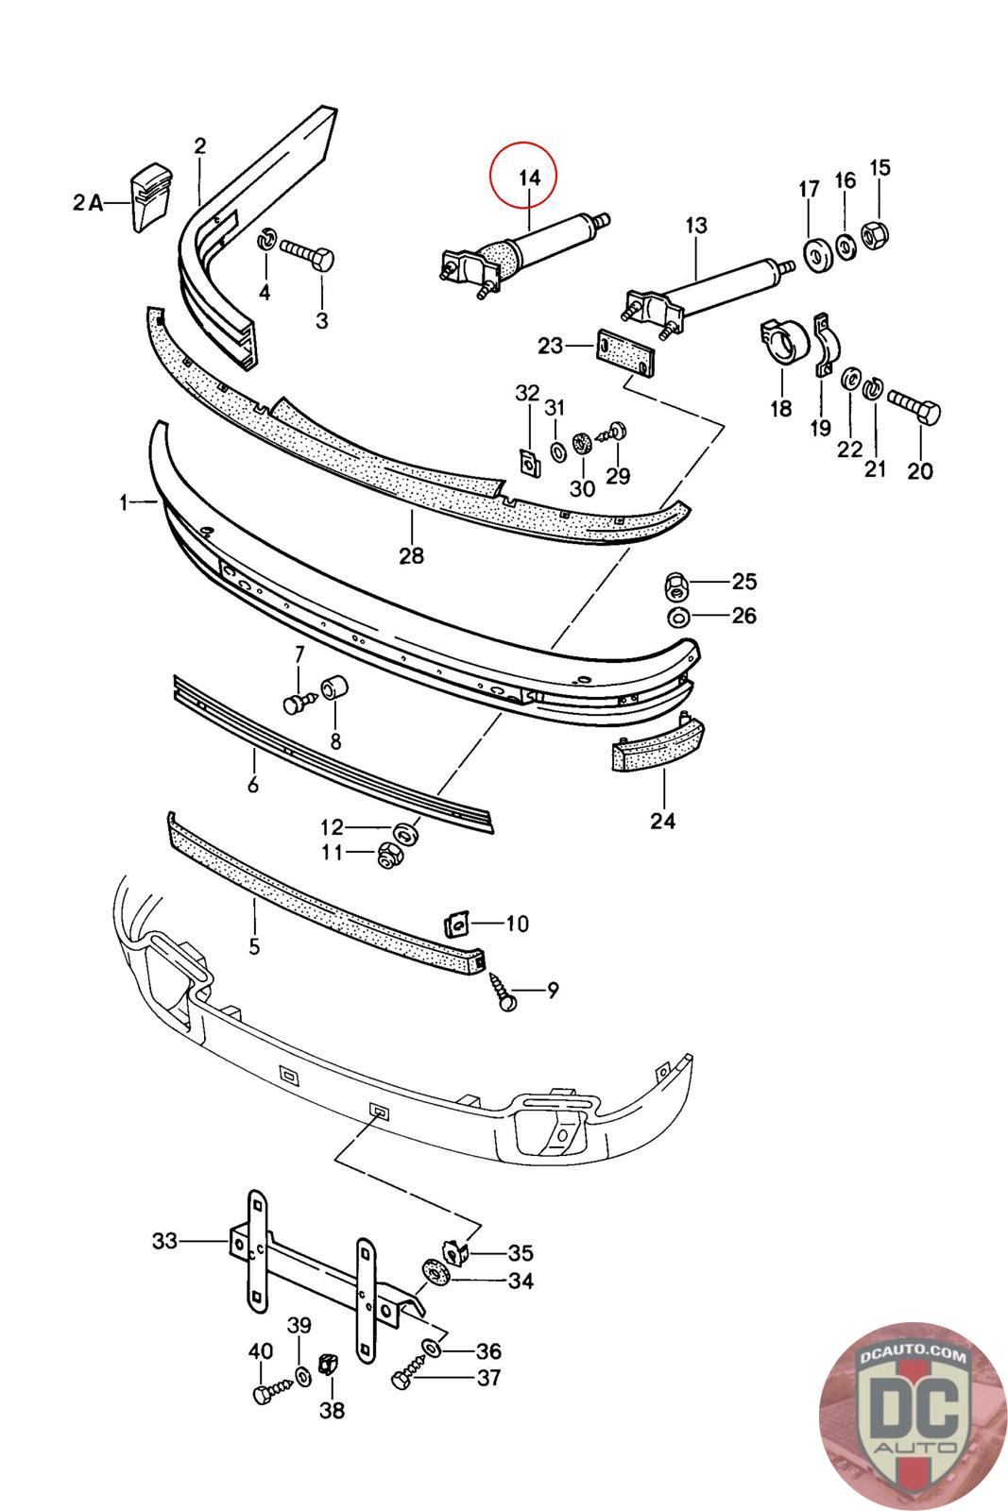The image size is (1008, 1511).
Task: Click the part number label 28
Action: coord(412,556)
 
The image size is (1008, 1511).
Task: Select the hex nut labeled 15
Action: coord(875,233)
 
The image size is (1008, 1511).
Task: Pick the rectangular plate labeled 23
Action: coord(624,353)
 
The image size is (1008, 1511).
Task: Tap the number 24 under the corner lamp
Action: coord(662,821)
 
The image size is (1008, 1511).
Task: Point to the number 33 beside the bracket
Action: coord(164,1241)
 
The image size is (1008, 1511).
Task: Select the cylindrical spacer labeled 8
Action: coord(333,688)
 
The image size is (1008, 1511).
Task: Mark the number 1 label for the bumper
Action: coord(124,502)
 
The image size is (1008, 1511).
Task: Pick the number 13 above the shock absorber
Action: coord(696,226)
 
